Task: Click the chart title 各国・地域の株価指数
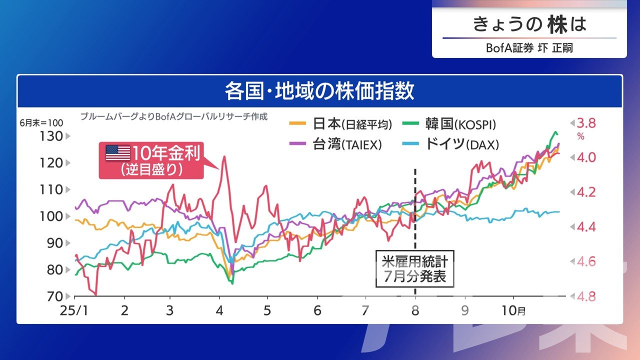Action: click(319, 92)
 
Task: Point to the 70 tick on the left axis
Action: click(54, 296)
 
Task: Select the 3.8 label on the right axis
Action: click(586, 123)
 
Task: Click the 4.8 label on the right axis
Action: click(586, 296)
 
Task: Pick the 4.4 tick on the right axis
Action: click(586, 227)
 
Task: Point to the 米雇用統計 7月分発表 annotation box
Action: click(414, 268)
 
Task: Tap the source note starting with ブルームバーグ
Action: click(173, 117)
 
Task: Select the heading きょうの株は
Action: click(529, 24)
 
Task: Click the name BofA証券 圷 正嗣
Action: click(529, 48)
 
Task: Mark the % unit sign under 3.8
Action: click(580, 136)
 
